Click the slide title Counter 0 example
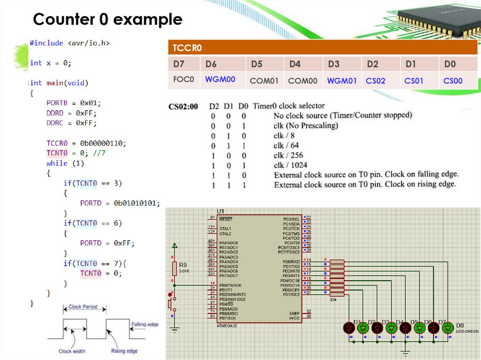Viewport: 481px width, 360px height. [x=108, y=19]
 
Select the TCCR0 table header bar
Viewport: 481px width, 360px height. [x=323, y=48]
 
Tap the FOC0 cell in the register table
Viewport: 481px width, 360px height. [x=183, y=80]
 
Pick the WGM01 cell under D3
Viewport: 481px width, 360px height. [x=342, y=81]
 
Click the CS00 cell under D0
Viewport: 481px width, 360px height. [x=453, y=81]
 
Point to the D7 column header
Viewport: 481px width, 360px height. [x=179, y=64]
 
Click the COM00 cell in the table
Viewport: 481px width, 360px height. [x=303, y=81]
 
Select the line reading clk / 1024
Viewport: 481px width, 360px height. [x=290, y=165]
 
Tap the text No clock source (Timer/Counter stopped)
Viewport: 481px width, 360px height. [x=342, y=115]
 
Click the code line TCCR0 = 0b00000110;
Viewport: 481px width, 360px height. [x=86, y=143]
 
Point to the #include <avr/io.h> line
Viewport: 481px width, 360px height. [x=70, y=43]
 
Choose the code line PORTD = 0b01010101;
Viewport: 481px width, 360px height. [x=120, y=203]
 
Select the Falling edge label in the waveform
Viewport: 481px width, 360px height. [x=145, y=324]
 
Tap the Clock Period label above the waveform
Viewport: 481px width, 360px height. [x=83, y=306]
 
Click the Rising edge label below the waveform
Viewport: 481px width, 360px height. [x=124, y=351]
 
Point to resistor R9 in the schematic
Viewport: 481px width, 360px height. [x=174, y=268]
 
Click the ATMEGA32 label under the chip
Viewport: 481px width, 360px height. [x=227, y=326]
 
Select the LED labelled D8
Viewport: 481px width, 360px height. [x=448, y=328]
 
